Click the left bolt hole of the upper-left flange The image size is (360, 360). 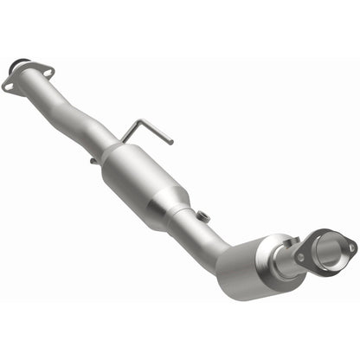tap(8, 86)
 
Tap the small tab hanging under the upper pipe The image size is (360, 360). tap(92, 160)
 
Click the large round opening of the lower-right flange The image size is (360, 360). tap(330, 253)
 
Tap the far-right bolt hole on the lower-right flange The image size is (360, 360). tap(351, 247)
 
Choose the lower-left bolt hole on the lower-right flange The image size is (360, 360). tap(300, 257)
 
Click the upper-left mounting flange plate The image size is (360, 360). tap(26, 80)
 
